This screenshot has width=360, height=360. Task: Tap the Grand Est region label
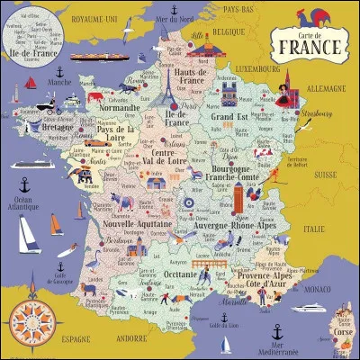point(229,115)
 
